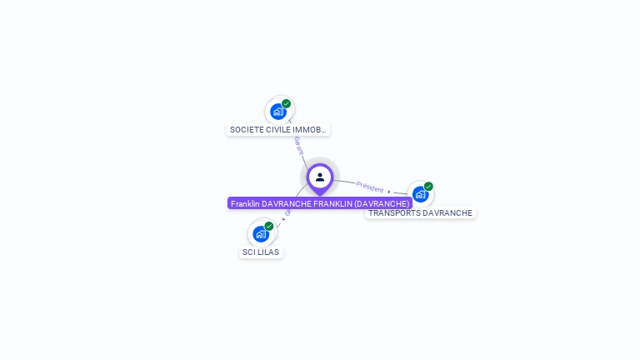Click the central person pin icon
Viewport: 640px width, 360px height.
(x=320, y=177)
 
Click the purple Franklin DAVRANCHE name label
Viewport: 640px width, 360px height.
(x=320, y=203)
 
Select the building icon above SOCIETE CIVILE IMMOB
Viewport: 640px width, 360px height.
(x=278, y=111)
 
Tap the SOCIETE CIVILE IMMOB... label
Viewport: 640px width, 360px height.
(x=278, y=130)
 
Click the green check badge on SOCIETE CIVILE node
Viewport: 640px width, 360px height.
(x=287, y=104)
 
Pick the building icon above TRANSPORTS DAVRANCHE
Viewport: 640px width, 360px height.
(x=421, y=193)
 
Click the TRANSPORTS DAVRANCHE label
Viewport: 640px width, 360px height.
(x=421, y=213)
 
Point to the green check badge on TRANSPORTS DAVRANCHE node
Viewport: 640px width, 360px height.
(x=428, y=187)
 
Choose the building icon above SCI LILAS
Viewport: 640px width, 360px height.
(x=261, y=233)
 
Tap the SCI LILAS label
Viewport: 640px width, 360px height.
(x=261, y=252)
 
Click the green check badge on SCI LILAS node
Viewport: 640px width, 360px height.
(x=269, y=226)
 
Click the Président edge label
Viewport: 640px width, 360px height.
(x=370, y=187)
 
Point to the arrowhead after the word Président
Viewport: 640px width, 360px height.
(x=389, y=192)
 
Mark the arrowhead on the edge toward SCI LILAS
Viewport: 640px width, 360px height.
(x=284, y=218)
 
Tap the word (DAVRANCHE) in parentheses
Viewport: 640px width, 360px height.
(x=382, y=203)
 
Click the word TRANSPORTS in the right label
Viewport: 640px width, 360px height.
(x=394, y=213)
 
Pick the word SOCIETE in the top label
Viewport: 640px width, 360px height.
(x=246, y=130)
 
